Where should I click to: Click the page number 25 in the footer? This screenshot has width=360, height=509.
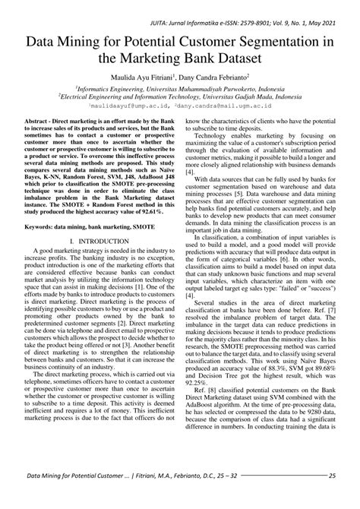[332, 498]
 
